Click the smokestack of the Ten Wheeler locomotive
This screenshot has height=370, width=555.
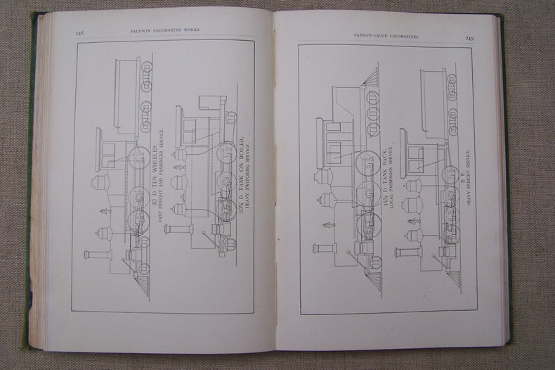click(98, 254)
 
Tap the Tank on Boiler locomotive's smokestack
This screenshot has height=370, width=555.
click(179, 229)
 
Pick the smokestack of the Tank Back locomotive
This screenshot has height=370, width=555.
click(325, 248)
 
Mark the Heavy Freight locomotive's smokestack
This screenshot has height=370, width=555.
click(407, 251)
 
